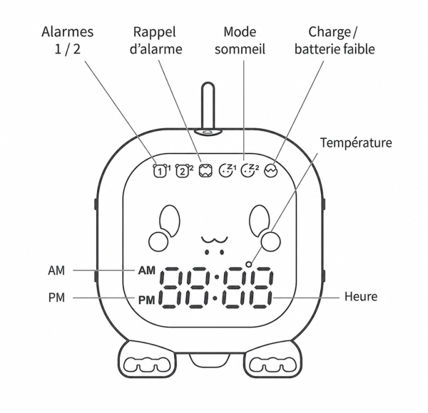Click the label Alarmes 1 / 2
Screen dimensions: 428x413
68,41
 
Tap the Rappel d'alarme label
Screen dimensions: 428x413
156,41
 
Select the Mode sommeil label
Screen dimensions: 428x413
240,41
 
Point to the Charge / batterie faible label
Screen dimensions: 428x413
335,41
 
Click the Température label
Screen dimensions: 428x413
356,142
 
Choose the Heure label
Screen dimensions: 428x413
361,296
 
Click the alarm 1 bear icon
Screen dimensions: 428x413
160,171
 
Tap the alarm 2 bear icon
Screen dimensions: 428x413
183,171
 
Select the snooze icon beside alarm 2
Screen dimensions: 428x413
205,171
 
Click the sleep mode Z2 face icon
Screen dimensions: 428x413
249,171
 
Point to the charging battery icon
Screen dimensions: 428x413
270,171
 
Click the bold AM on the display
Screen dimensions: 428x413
147,271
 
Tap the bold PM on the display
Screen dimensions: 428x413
147,300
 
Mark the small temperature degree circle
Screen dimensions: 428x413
249,264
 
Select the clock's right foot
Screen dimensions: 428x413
272,359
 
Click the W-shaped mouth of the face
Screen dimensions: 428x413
215,240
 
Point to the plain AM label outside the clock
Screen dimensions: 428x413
56,271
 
